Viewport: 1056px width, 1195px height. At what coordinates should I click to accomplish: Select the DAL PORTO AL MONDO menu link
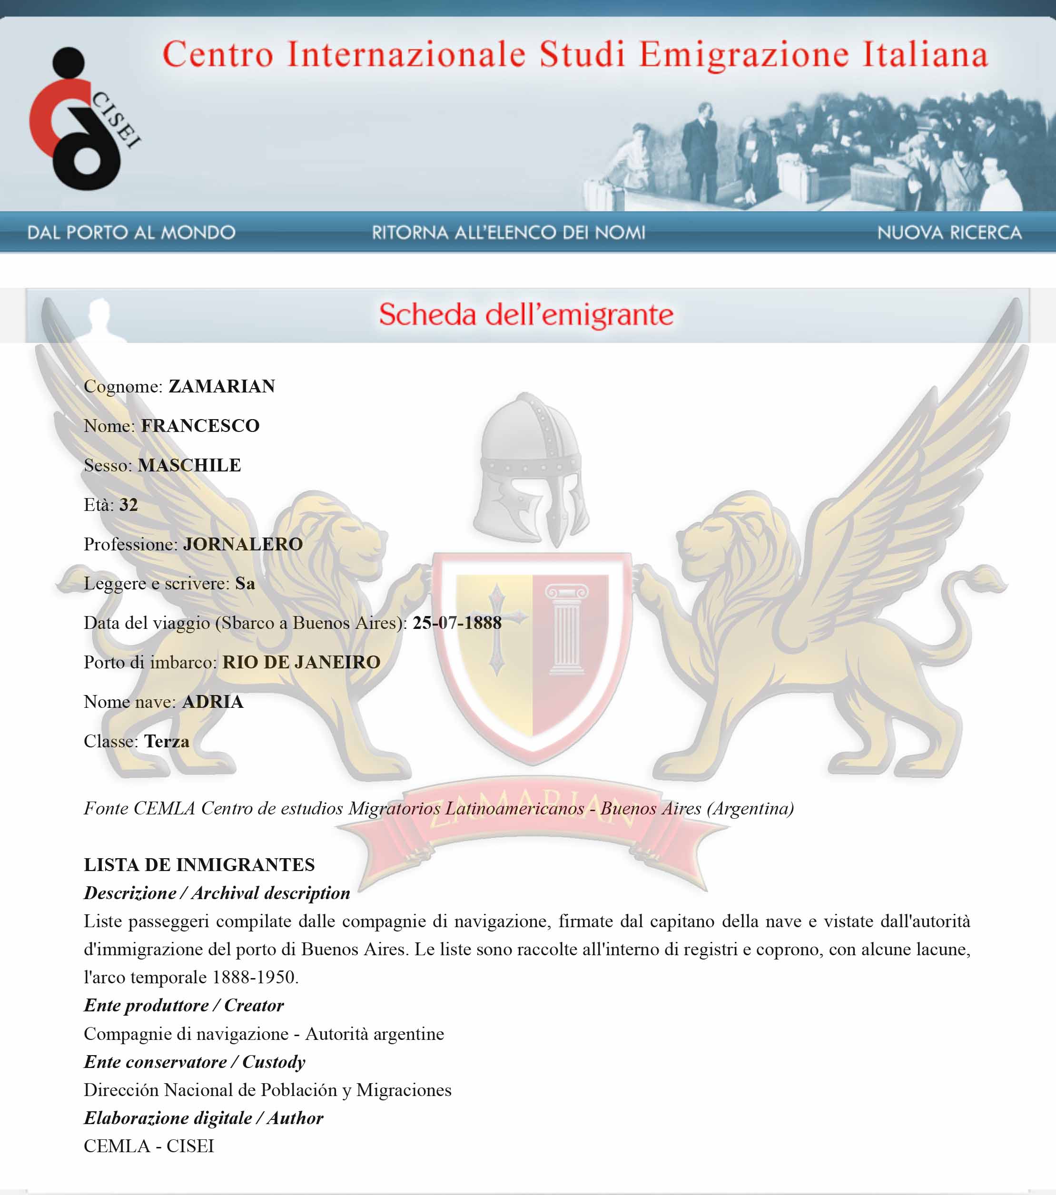click(131, 233)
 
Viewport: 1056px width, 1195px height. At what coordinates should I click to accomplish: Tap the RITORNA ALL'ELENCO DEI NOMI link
click(509, 233)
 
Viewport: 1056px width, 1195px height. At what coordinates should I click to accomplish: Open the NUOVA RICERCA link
click(949, 233)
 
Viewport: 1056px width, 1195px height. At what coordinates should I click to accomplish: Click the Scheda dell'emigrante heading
click(526, 314)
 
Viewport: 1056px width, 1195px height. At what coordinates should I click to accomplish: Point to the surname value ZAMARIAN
click(222, 386)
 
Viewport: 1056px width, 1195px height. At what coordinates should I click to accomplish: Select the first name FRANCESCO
click(200, 426)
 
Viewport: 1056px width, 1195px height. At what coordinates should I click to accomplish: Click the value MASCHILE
click(189, 465)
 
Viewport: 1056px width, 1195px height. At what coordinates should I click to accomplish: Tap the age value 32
click(128, 505)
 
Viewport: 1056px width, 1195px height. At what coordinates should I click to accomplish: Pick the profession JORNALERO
click(243, 544)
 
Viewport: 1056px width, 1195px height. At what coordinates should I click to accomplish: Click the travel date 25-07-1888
click(457, 623)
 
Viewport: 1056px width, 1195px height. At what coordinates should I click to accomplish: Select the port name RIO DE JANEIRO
click(301, 662)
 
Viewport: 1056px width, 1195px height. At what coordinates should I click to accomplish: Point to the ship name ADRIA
click(212, 702)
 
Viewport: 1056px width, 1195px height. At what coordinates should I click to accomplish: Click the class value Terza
click(167, 741)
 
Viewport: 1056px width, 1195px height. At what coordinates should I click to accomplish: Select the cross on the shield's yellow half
click(497, 628)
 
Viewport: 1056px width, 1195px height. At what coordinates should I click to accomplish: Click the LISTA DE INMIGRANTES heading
click(199, 865)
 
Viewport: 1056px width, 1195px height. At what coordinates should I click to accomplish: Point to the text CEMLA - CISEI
click(148, 1146)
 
